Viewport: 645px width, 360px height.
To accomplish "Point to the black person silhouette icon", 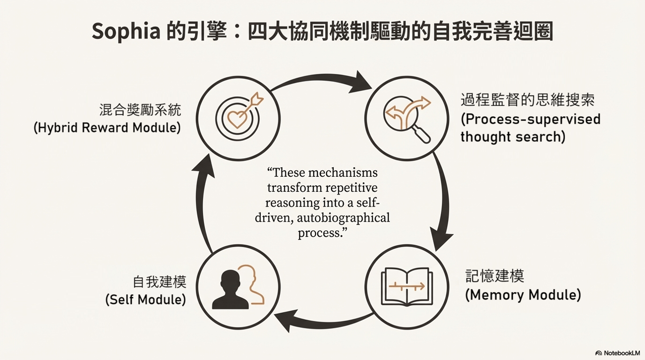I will click(x=230, y=290).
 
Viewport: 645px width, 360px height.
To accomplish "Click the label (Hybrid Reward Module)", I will click(x=107, y=128).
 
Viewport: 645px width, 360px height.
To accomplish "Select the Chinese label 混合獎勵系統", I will click(x=140, y=110).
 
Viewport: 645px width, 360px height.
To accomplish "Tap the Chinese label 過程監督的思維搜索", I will click(x=527, y=100).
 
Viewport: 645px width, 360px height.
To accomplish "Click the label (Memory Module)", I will click(x=523, y=295).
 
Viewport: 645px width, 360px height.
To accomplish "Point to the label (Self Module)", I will click(x=145, y=300).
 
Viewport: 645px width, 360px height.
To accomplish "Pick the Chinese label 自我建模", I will click(x=160, y=282).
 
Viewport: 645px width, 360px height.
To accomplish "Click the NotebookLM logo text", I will click(x=621, y=353).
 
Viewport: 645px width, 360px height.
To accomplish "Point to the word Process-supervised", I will click(x=530, y=119).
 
